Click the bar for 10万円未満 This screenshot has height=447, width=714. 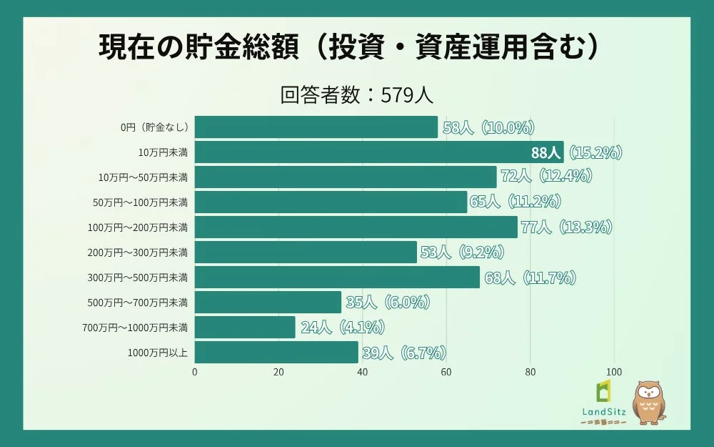(378, 152)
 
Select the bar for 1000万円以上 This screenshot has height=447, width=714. (276, 353)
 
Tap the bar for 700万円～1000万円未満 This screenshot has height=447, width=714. (245, 328)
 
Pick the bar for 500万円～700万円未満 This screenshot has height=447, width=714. (268, 303)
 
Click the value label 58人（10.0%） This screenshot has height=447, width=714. (488, 128)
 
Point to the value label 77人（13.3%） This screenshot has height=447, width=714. (567, 227)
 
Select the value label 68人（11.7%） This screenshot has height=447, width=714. (530, 277)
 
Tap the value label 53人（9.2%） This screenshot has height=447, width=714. (463, 252)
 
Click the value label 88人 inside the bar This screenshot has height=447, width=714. (546, 152)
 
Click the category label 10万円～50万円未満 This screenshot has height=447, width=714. (143, 177)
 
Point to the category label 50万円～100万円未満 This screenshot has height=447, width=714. (141, 202)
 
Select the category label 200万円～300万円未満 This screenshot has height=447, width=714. (139, 252)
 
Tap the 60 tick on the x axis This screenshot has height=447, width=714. (446, 372)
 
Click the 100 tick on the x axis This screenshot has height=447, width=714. (614, 372)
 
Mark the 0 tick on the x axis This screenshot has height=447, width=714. (195, 372)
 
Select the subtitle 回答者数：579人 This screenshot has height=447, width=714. (357, 96)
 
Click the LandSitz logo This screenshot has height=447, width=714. (604, 404)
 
